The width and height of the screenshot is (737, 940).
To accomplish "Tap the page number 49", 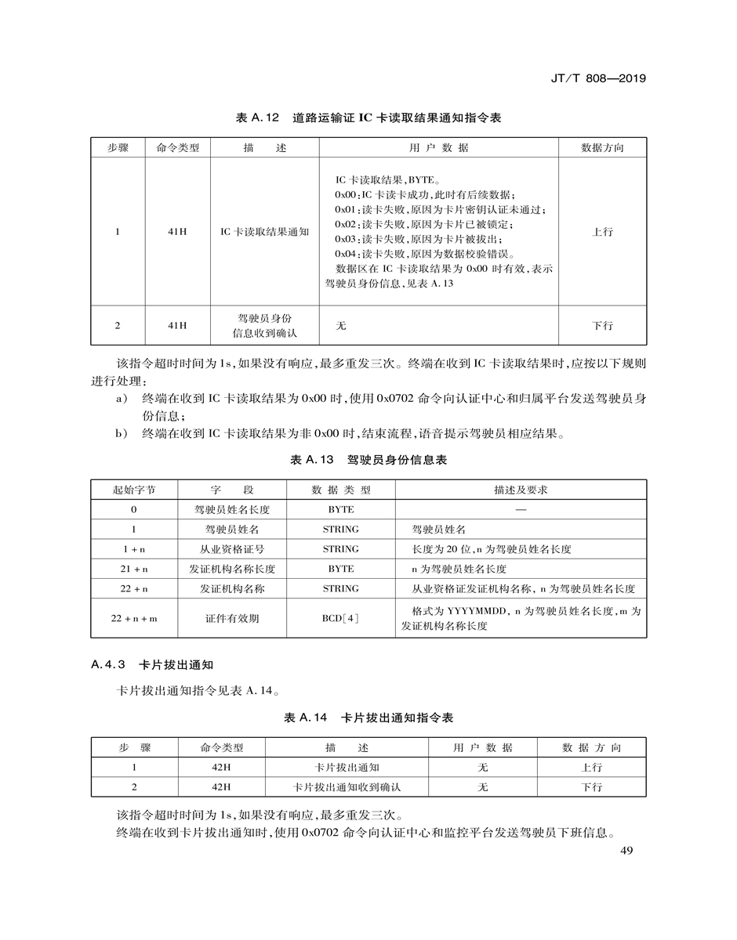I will (x=626, y=852).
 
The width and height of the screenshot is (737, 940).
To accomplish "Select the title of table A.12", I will (x=368, y=118).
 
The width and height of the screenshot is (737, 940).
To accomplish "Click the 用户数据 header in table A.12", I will (x=438, y=147).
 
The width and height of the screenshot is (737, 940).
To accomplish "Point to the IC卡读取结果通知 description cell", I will (x=265, y=232).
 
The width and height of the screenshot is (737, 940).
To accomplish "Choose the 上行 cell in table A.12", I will (x=602, y=232).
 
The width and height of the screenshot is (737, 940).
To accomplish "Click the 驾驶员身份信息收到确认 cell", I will (x=265, y=325).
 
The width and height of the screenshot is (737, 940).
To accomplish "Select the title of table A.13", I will (x=368, y=460).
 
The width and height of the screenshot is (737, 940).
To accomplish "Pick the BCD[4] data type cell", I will (x=340, y=618).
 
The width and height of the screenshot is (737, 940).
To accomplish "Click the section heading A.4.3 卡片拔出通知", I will (x=152, y=666).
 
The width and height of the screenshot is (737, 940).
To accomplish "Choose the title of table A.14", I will (x=368, y=718).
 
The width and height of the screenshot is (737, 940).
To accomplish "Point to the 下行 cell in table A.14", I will (x=592, y=786).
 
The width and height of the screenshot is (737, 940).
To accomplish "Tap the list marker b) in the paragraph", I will (x=122, y=432).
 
